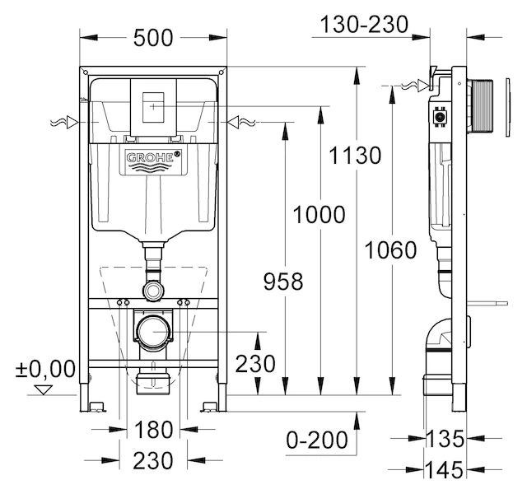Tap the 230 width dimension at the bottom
tap(154, 459)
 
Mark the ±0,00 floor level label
tap(51, 366)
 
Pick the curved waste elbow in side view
tap(441, 347)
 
